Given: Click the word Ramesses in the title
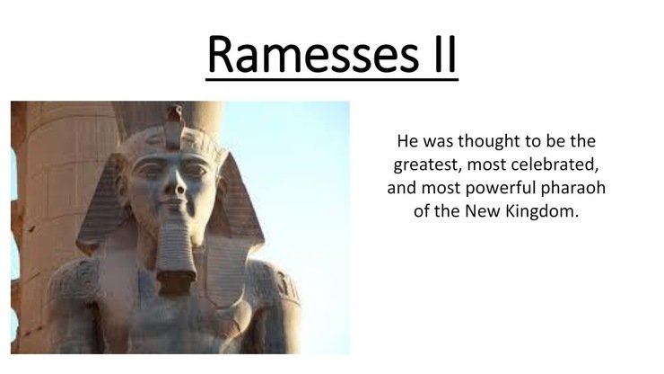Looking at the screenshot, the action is coord(313,54).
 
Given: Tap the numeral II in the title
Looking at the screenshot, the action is coord(445,54).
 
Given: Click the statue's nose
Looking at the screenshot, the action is coord(178,183).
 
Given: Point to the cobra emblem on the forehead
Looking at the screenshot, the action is coord(174,126).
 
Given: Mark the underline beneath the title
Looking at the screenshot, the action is coord(332,79).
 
